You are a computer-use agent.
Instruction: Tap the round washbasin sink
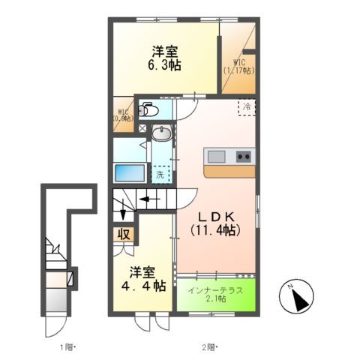point(161,133)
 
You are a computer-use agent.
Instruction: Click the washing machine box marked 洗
point(160,173)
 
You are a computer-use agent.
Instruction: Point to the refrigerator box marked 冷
point(246,107)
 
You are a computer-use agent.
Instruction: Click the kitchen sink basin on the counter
point(216,156)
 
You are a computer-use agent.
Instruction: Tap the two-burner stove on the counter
point(244,156)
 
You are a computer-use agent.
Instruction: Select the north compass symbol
point(299,299)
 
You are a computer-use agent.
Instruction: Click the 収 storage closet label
point(125,233)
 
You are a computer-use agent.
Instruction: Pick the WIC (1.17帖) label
point(238,67)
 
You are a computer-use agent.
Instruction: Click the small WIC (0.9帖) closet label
point(122,115)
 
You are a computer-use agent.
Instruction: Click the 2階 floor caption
point(208,347)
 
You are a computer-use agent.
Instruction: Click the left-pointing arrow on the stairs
point(145,200)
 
